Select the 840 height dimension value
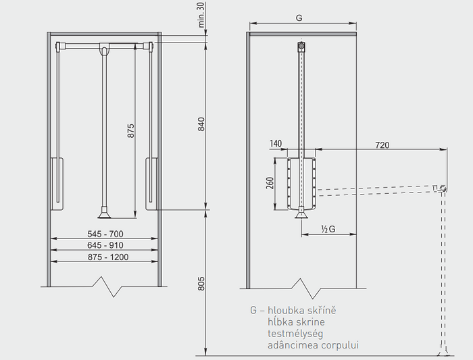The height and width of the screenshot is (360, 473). (x=201, y=126)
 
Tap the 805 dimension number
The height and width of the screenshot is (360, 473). (x=201, y=284)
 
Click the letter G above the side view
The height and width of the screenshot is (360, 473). (x=298, y=20)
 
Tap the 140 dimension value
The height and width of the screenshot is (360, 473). (x=276, y=145)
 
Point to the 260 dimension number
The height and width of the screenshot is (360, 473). (x=270, y=184)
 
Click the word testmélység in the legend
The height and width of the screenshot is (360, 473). (x=296, y=333)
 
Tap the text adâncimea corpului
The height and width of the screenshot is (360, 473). (x=313, y=345)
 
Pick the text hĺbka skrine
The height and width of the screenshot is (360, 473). (x=296, y=322)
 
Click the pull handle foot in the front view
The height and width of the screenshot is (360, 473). (x=103, y=213)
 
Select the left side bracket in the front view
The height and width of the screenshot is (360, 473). (x=56, y=183)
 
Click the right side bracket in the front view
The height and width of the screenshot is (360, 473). (x=151, y=183)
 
